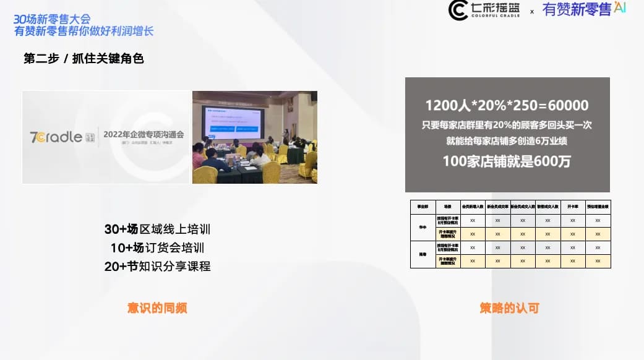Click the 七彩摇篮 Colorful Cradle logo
coord(484,11)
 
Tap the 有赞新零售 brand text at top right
coord(577,9)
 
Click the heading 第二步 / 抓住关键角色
coord(84,59)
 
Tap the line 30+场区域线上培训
coord(157,229)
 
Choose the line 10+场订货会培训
coord(157,248)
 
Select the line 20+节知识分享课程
coord(157,267)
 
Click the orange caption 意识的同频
coord(157,307)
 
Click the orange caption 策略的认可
coord(509,307)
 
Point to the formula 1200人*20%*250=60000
coord(507,105)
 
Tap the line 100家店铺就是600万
coord(507,162)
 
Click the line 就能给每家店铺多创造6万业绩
coord(507,141)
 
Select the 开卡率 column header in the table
coord(573,207)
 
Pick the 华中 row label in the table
coord(423,228)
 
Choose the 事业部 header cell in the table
coord(423,207)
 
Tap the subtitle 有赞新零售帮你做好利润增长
coord(84,32)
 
